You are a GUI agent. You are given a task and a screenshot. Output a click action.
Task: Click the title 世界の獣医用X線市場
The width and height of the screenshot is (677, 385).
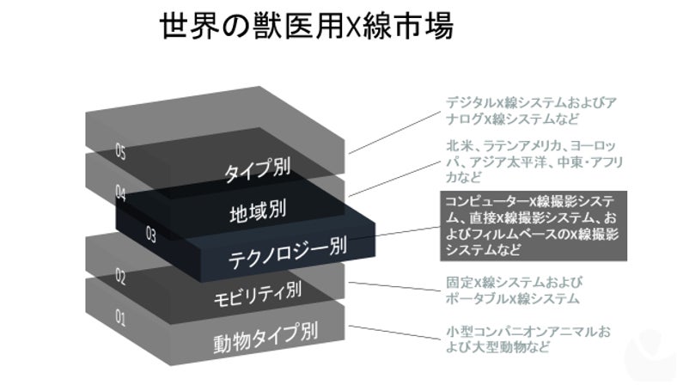click(306, 27)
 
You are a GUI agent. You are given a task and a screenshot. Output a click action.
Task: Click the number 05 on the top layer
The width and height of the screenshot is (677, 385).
click(122, 151)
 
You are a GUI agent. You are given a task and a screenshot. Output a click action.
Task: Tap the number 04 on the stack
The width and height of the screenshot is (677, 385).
click(121, 194)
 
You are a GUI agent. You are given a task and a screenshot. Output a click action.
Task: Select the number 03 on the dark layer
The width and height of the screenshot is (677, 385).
click(151, 233)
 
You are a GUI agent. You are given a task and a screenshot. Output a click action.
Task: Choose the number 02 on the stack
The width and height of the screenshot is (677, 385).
click(121, 277)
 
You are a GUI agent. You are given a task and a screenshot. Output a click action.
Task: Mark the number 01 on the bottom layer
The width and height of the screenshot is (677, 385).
click(120, 320)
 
